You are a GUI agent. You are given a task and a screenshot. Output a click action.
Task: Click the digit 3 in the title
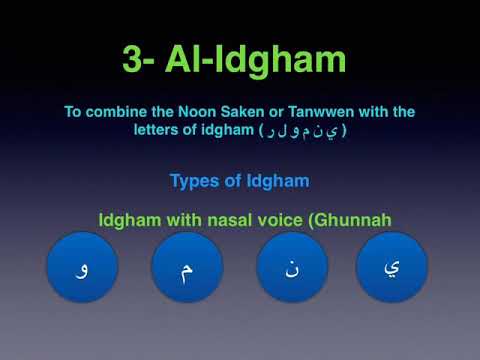point(135,59)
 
